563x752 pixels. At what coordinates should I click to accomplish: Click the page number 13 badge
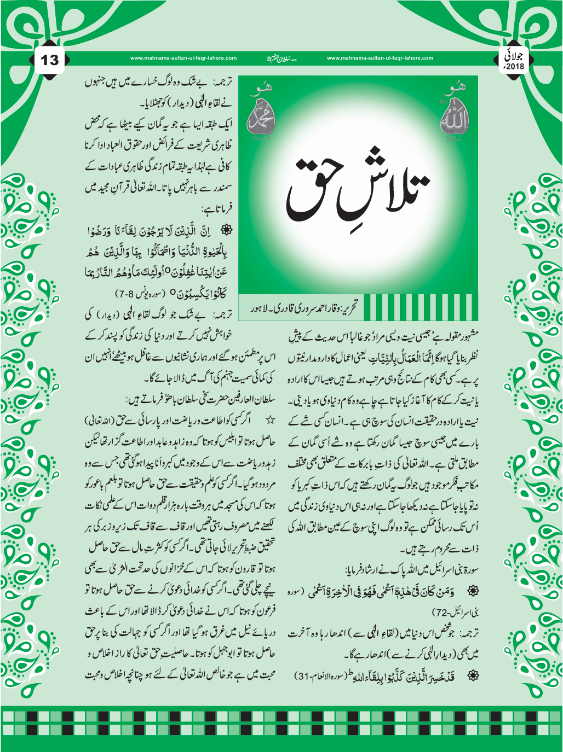point(50,60)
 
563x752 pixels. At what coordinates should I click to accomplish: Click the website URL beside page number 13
point(183,58)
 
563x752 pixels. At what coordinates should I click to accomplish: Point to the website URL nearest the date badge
point(380,58)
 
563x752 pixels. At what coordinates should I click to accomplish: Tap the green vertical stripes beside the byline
point(420,307)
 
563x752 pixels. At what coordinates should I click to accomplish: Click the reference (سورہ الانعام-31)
point(324,676)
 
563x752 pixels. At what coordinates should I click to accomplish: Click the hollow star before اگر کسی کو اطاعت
point(268,421)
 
